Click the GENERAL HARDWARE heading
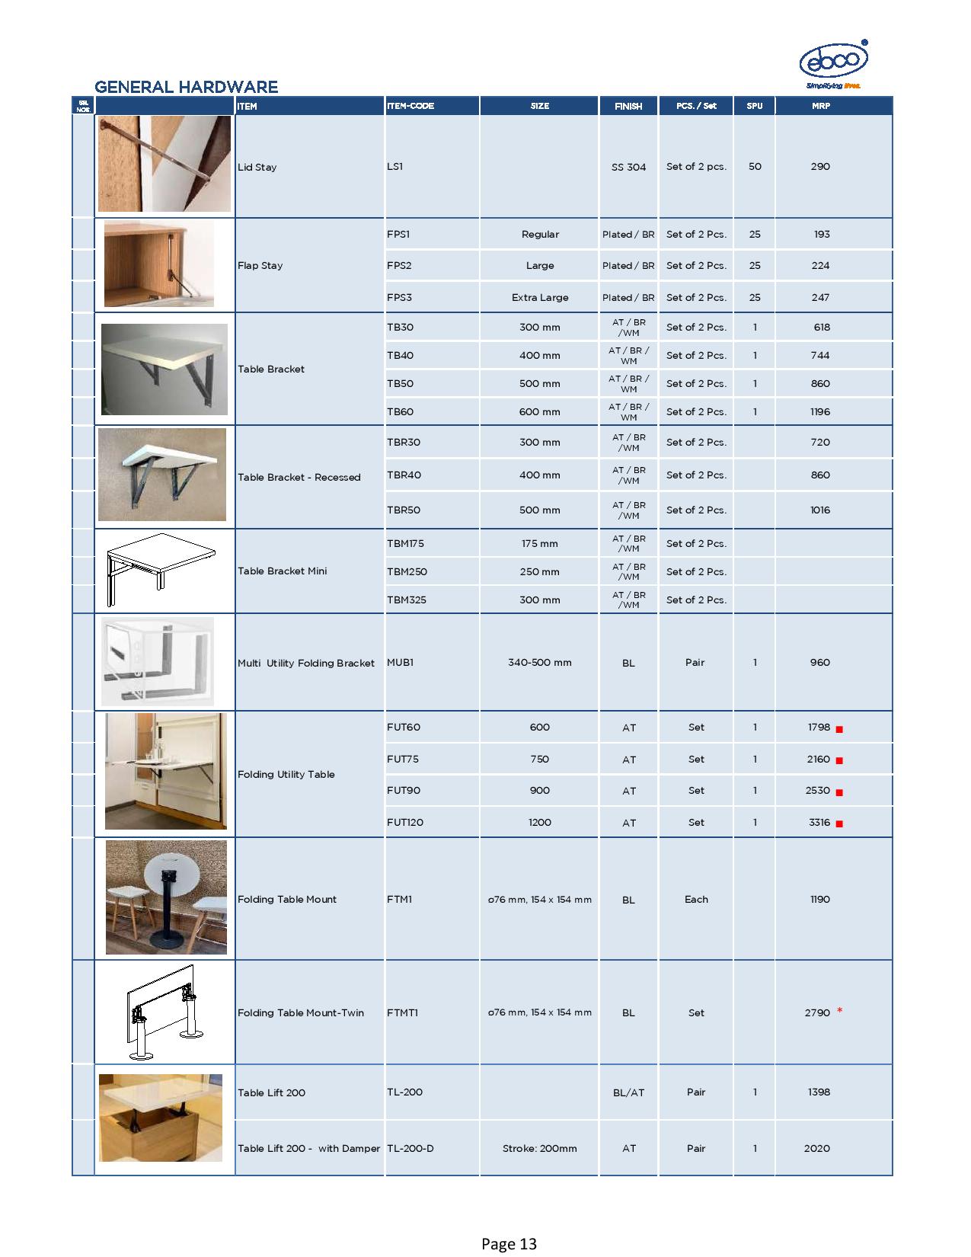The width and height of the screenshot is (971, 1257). (186, 87)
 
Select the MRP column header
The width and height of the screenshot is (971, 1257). (821, 106)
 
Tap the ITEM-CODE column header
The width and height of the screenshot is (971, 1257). (410, 106)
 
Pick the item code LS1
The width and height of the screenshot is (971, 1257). (394, 166)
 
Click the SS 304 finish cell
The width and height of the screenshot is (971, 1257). (628, 167)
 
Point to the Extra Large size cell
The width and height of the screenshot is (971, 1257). (539, 297)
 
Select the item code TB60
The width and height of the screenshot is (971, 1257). (400, 411)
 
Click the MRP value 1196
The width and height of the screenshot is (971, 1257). (820, 411)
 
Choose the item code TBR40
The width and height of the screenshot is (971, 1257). (404, 475)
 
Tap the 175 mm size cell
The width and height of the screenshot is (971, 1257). (539, 543)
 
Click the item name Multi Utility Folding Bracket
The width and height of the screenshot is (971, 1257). (305, 663)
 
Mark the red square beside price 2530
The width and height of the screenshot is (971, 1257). (839, 792)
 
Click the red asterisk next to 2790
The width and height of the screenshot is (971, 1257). (839, 1011)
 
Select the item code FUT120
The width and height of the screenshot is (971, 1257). (405, 822)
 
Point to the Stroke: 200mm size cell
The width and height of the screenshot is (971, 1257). (539, 1148)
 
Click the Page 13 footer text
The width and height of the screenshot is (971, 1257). (509, 1244)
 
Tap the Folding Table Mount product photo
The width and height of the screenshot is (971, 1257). (166, 897)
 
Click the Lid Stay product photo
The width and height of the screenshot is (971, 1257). (164, 164)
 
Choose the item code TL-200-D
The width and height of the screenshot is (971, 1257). (410, 1148)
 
